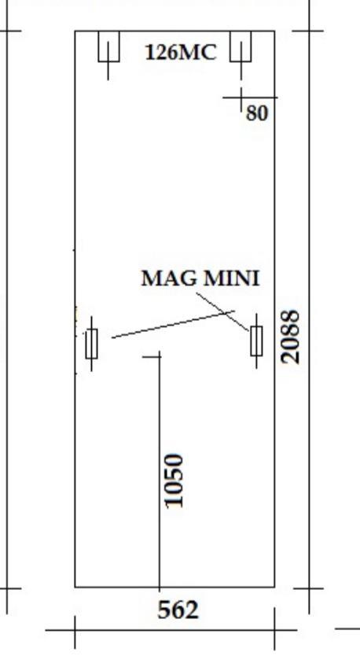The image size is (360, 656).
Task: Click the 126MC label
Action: tap(181, 53)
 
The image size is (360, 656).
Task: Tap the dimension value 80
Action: tap(257, 113)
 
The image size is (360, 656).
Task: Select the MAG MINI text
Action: tap(200, 278)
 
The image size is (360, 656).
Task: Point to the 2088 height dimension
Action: tap(291, 337)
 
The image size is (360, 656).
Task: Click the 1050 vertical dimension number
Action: tap(174, 481)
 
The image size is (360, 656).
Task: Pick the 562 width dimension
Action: tap(178, 610)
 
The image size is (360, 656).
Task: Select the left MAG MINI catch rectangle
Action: tap(91, 344)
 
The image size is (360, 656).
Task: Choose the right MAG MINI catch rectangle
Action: tap(257, 341)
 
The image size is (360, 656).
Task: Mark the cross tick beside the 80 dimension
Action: tap(241, 98)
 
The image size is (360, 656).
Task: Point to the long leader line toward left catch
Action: tap(173, 324)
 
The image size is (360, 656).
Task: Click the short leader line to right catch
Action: tap(222, 312)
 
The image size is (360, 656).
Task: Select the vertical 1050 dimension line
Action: tap(160, 471)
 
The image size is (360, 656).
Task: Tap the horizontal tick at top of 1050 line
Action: tap(152, 357)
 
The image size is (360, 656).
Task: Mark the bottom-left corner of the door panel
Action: tap(75, 587)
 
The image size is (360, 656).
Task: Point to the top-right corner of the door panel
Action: tap(274, 31)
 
